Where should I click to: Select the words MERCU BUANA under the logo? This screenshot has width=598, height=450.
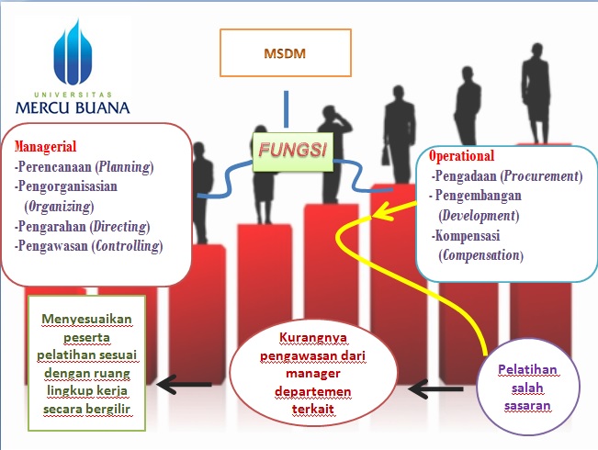(x=73, y=106)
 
